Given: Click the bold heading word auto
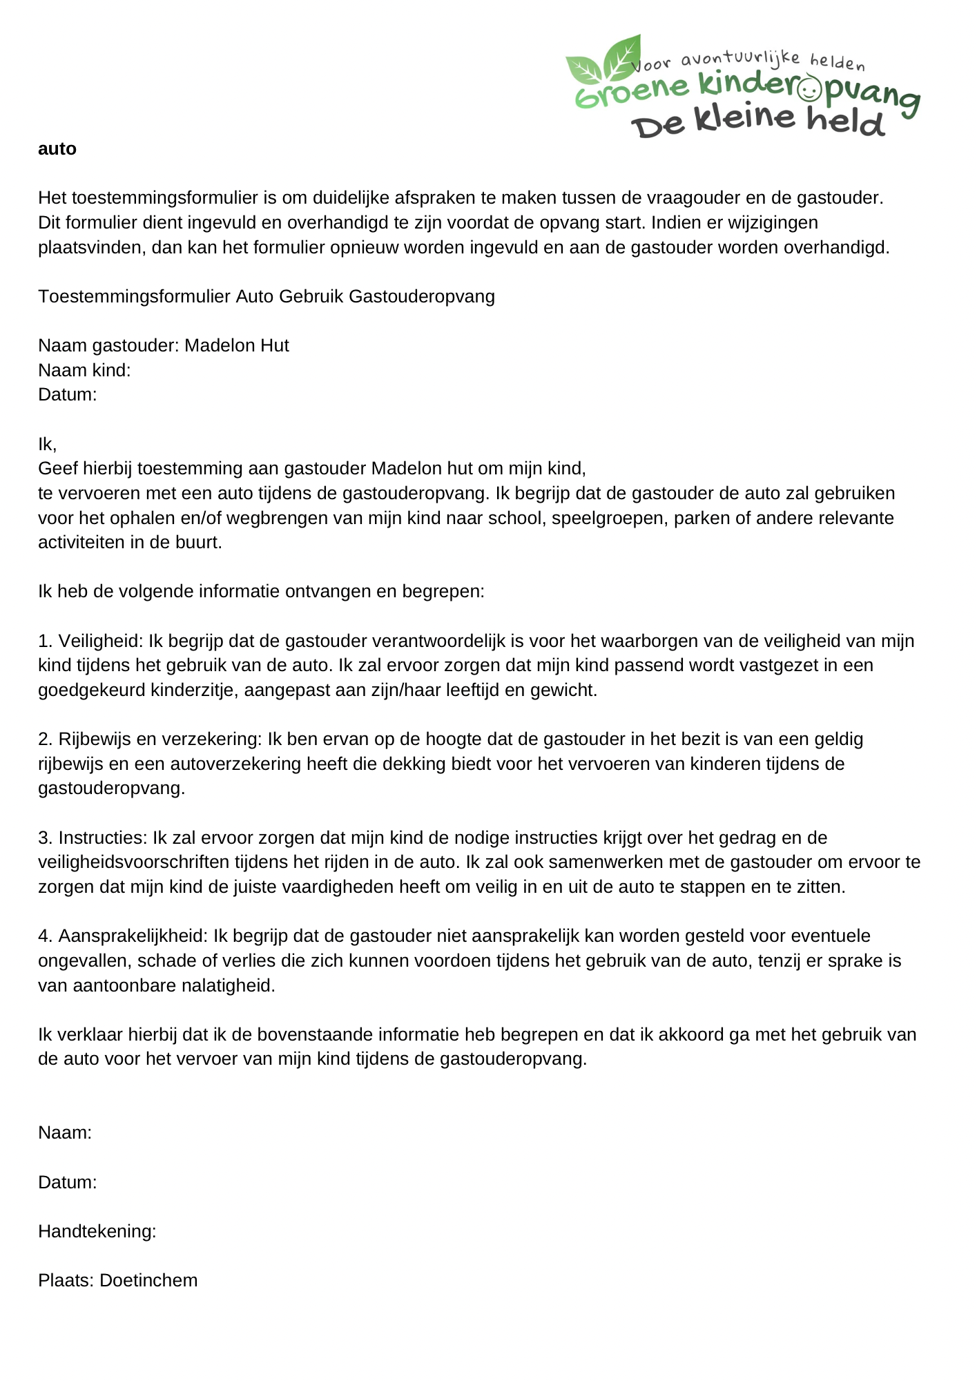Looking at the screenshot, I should (57, 149).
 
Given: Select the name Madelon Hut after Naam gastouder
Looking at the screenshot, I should (237, 345).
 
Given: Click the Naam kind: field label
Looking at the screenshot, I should (84, 370).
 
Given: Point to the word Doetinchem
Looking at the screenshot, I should (148, 1280).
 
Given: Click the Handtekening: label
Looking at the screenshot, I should (97, 1231).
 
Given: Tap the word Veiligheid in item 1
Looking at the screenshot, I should (100, 641).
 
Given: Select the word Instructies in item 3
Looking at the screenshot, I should (102, 838).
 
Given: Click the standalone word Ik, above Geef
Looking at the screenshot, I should (47, 444).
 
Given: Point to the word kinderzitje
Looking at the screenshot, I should (193, 690).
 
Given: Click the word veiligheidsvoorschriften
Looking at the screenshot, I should (133, 862).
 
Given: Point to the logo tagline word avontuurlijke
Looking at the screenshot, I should (740, 59).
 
